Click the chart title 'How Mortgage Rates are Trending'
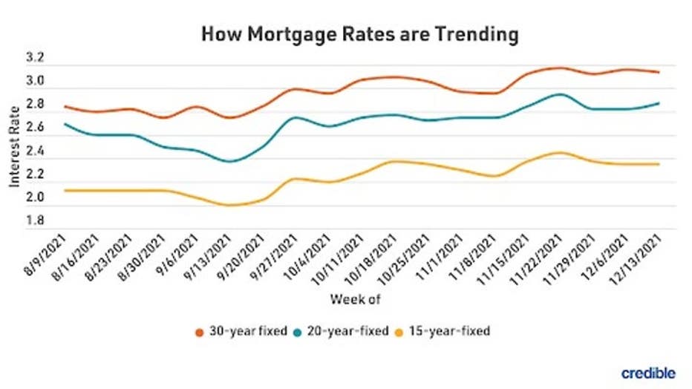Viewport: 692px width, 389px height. click(359, 34)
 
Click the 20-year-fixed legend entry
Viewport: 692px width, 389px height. click(343, 331)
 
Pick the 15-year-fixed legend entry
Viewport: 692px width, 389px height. click(445, 331)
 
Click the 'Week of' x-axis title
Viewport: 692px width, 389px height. click(356, 300)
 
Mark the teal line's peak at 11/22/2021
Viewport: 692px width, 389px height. click(559, 94)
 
